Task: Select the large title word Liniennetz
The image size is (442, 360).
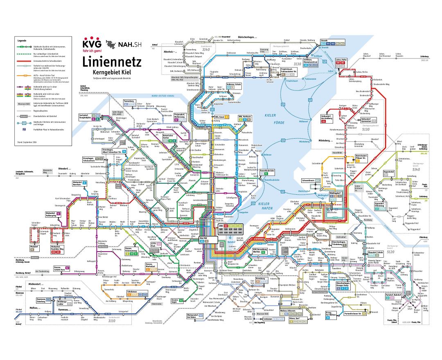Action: tap(112, 62)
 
